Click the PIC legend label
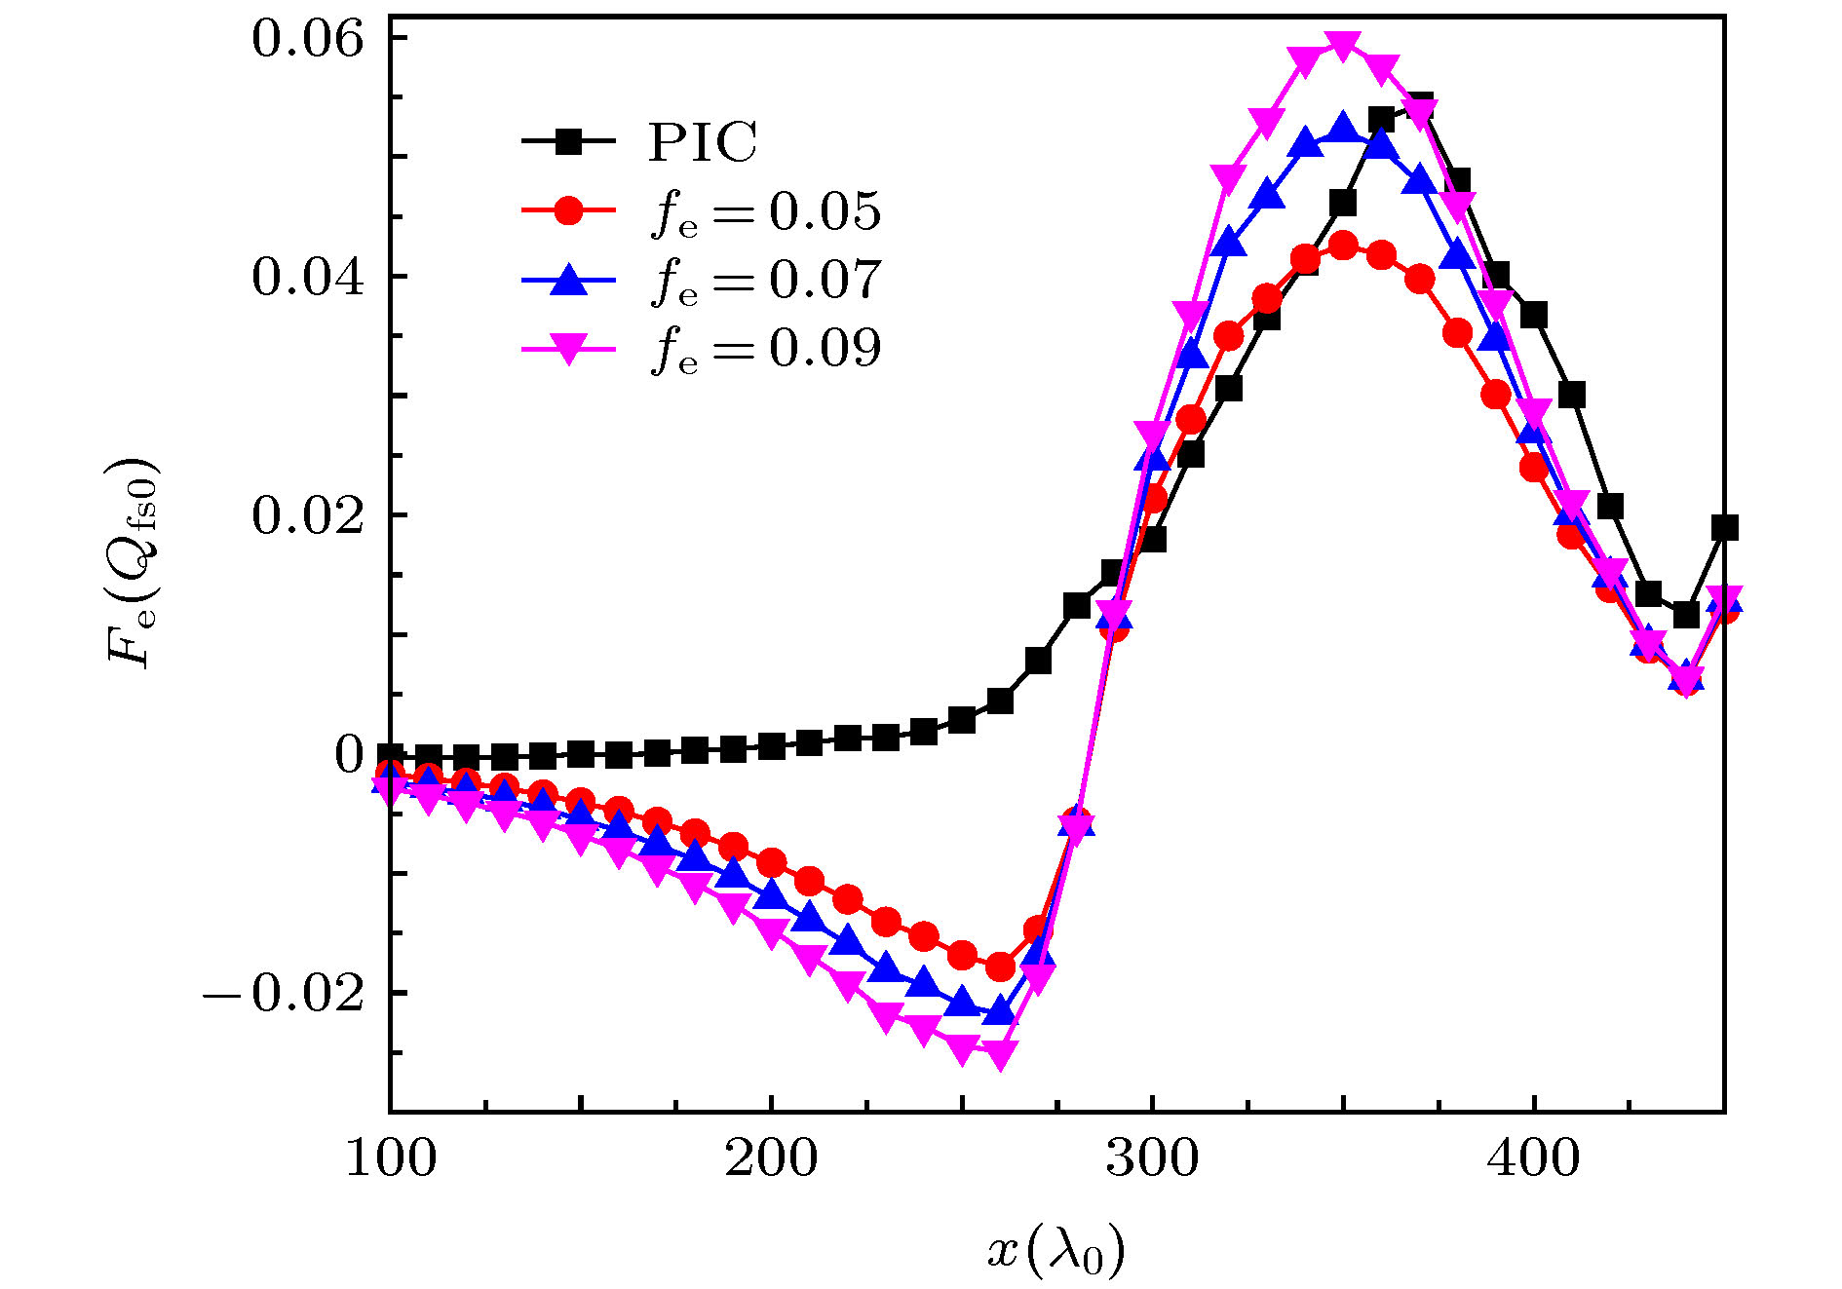pos(702,142)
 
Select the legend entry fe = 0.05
pos(766,211)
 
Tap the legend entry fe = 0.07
pos(766,280)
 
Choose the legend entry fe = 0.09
pos(766,348)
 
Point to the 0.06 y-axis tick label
pos(308,39)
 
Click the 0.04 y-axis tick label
pos(308,277)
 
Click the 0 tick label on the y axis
pos(349,755)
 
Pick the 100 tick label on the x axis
pos(391,1159)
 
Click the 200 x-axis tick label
pos(771,1159)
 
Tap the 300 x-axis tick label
pos(1152,1159)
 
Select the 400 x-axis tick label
pos(1533,1159)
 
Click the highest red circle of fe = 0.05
pos(1343,245)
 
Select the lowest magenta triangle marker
pos(1000,1054)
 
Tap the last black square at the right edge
pos(1724,528)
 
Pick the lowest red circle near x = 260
pos(1000,967)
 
